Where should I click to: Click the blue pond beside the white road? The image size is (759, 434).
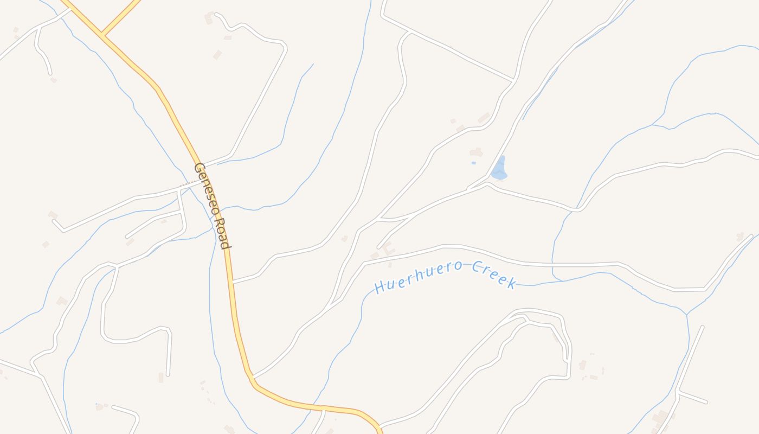pos(499,170)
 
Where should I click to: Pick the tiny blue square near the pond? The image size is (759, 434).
pos(473,163)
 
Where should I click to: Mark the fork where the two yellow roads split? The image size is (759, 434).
pos(102,35)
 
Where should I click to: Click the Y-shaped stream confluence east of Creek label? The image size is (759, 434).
pos(687,314)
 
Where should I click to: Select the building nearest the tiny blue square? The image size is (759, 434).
pos(476,152)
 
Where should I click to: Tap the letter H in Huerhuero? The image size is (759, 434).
pos(380,287)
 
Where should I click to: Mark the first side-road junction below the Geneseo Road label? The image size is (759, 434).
pos(233,281)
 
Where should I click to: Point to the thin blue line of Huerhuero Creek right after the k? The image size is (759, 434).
pos(529,284)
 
